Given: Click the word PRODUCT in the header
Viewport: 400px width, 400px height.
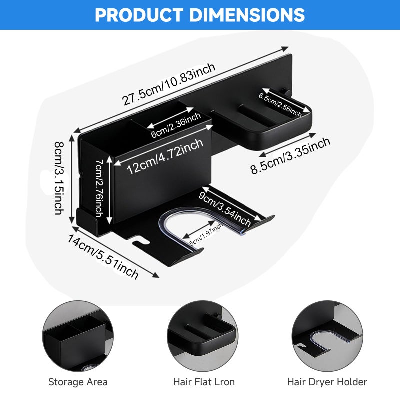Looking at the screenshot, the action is pyautogui.click(x=139, y=15).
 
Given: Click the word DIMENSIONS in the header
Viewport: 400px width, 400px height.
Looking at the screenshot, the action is pyautogui.click(x=247, y=15).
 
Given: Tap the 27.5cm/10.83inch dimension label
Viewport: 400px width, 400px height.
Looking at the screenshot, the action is pyautogui.click(x=169, y=84).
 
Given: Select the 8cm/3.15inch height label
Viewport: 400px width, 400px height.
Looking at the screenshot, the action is pyautogui.click(x=59, y=178).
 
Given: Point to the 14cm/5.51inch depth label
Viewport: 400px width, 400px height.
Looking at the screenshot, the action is pyautogui.click(x=103, y=257).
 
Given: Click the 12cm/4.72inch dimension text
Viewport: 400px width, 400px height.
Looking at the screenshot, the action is pyautogui.click(x=165, y=156).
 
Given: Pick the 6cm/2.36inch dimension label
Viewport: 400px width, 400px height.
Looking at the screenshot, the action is pyautogui.click(x=176, y=126).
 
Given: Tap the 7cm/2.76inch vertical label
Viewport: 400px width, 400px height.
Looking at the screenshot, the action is pyautogui.click(x=99, y=188).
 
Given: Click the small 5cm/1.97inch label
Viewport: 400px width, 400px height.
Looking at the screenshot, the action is pyautogui.click(x=206, y=234).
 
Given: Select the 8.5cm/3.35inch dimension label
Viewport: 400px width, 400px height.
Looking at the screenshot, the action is pyautogui.click(x=290, y=156).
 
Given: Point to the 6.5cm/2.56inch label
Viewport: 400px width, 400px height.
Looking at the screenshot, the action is pyautogui.click(x=280, y=104).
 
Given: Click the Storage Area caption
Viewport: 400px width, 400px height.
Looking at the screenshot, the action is pyautogui.click(x=78, y=382).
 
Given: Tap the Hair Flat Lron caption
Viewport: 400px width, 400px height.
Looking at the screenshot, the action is pyautogui.click(x=204, y=382).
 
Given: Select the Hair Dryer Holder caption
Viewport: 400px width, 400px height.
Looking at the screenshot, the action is pyautogui.click(x=327, y=382).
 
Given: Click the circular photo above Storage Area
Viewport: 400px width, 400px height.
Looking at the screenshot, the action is pyautogui.click(x=78, y=336).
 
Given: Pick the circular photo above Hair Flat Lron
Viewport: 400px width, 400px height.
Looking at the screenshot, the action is pyautogui.click(x=203, y=336).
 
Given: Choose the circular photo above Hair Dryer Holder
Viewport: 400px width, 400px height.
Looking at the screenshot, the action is pyautogui.click(x=327, y=336).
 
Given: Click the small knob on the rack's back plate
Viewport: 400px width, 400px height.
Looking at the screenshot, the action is pyautogui.click(x=284, y=91).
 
